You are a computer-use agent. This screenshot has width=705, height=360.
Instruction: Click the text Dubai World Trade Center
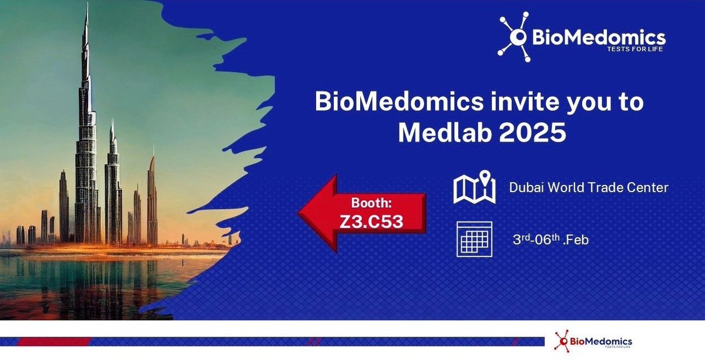(589, 188)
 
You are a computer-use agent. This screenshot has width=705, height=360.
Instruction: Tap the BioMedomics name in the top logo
(599, 39)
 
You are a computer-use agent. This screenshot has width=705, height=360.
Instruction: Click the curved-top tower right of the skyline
(152, 200)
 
